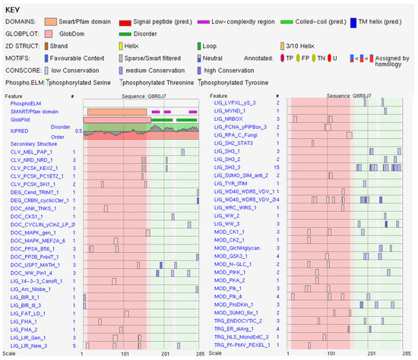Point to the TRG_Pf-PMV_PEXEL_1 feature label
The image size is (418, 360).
point(241,344)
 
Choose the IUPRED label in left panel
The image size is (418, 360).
point(18,131)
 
